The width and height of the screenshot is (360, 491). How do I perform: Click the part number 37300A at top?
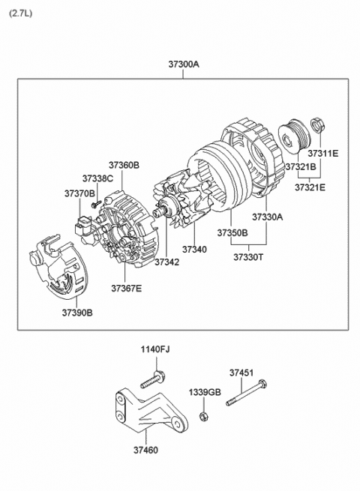tap(183, 64)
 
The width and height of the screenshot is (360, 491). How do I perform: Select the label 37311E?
tap(324, 153)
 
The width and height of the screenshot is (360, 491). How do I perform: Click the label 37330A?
tap(267, 217)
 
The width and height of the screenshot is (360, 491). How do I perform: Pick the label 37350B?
tap(232, 233)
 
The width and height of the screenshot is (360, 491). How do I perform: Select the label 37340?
tap(195, 249)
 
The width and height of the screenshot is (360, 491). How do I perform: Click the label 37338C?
tap(97, 178)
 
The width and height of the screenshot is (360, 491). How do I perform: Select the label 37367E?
tap(126, 287)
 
